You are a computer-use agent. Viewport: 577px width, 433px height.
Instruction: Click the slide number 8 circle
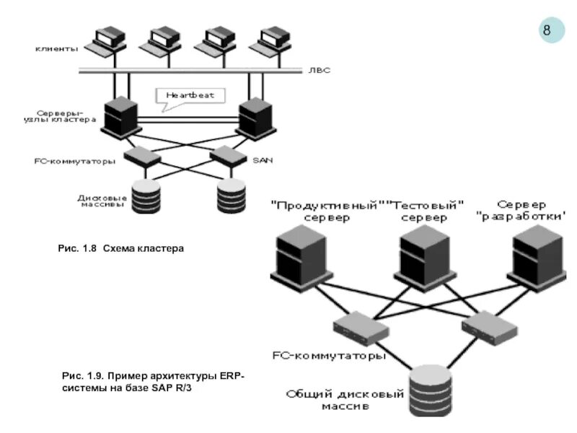pos(547,30)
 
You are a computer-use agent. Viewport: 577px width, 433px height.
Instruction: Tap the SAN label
pos(261,160)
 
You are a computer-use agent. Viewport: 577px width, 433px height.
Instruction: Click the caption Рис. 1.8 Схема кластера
pos(122,248)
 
